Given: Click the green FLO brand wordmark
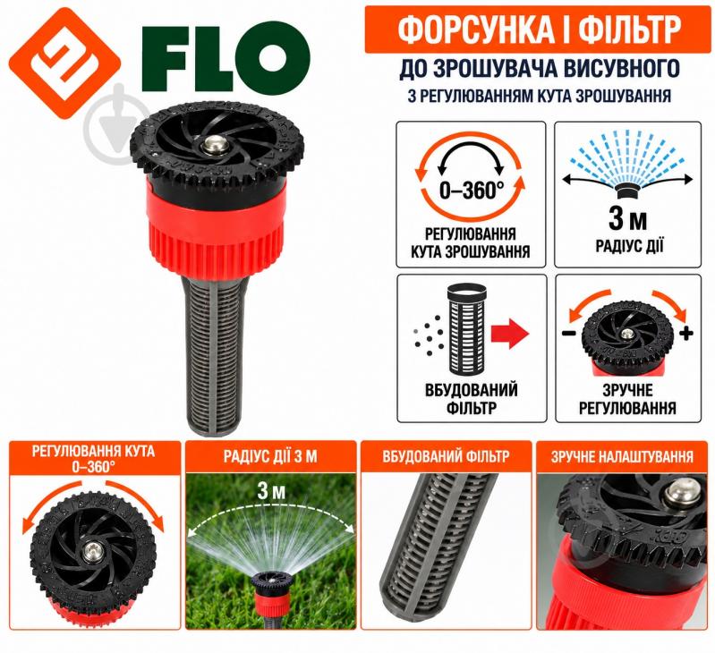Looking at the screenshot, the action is [226, 58].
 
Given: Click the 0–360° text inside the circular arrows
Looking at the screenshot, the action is [472, 190].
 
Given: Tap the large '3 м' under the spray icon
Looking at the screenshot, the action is [627, 219].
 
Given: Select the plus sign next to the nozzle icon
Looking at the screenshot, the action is [685, 333].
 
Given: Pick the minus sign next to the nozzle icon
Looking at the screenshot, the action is [568, 333].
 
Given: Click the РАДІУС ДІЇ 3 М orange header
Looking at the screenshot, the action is [270, 456].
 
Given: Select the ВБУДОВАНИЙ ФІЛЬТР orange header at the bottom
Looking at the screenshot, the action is [446, 456].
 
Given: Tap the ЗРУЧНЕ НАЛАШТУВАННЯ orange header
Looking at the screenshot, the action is [622, 456].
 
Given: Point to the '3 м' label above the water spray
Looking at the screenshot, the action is [271, 491].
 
